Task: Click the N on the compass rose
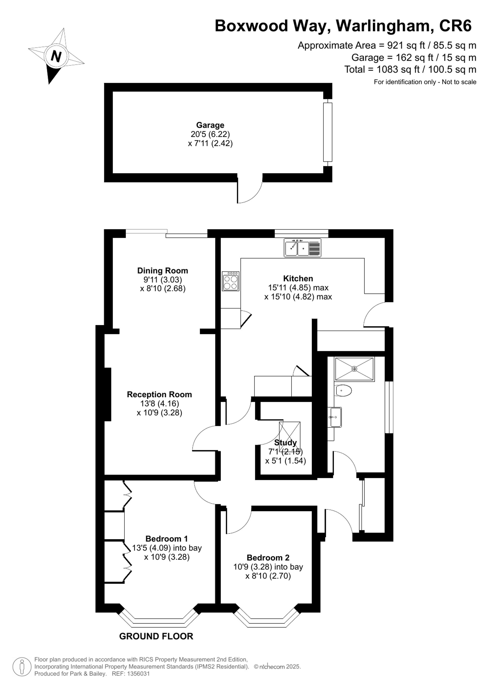56,56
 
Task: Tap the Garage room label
210,125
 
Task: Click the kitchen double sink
302,248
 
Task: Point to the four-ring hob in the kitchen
231,281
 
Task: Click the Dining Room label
163,270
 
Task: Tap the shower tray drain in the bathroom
355,369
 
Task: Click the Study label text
285,442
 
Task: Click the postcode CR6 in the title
455,26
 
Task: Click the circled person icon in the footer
22,667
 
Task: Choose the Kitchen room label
298,278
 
